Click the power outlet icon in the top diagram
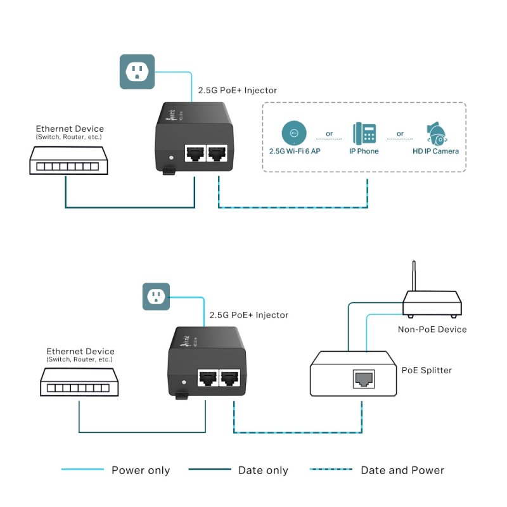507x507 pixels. point(137,71)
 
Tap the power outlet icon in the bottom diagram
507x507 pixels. point(157,295)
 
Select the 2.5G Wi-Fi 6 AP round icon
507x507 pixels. point(293,133)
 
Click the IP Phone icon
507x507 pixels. point(364,133)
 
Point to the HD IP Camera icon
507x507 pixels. point(437,132)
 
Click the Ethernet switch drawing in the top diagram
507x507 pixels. point(65,160)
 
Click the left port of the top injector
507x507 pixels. point(194,153)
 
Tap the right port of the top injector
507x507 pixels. point(218,153)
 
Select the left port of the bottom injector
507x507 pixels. point(206,378)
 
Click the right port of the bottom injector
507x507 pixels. point(230,378)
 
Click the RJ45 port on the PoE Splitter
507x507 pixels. point(363,380)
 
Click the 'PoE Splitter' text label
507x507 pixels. point(427,370)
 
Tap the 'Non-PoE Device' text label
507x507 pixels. point(432,329)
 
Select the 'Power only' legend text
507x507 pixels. point(141,470)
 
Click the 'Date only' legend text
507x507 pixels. point(263,470)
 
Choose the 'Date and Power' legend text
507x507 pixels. point(402,470)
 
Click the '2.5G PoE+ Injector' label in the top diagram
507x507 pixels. point(237,91)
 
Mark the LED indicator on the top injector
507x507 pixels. point(169,157)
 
